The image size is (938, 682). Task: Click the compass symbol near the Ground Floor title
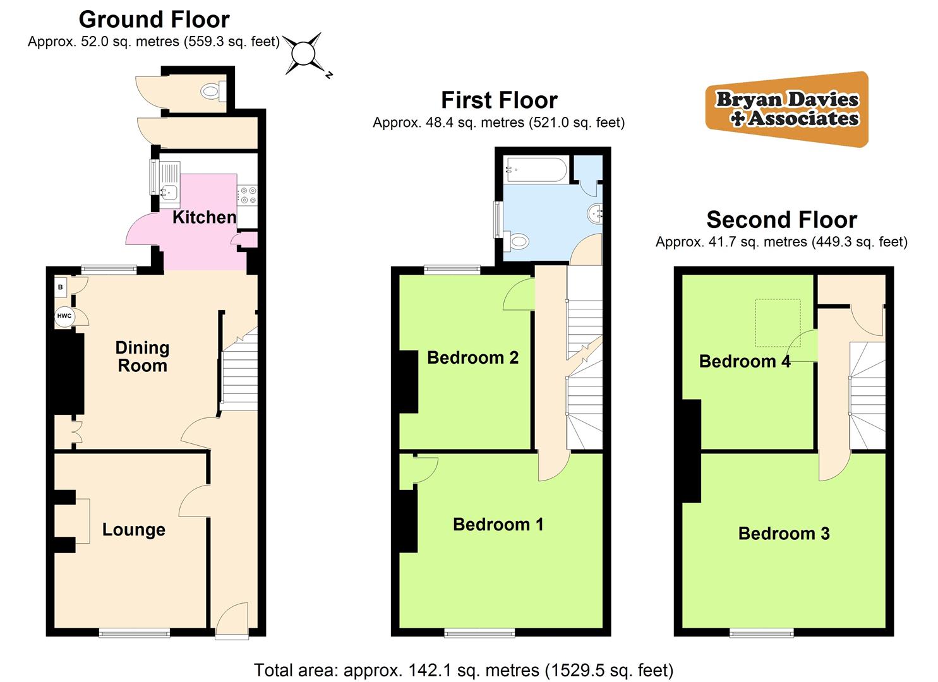click(x=303, y=54)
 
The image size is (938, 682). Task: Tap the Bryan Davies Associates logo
click(x=787, y=109)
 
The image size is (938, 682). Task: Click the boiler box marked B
click(x=60, y=287)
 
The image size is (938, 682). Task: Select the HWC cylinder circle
click(x=64, y=316)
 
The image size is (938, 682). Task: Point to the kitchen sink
click(x=169, y=193)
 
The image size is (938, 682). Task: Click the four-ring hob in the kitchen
click(x=248, y=196)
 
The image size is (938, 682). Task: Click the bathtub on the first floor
click(x=536, y=170)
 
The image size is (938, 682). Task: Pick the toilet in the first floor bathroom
click(x=516, y=241)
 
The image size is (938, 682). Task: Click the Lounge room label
click(x=134, y=529)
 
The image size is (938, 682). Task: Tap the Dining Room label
click(x=142, y=357)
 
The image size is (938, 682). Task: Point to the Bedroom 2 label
click(x=472, y=357)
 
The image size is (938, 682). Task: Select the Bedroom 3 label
click(x=784, y=534)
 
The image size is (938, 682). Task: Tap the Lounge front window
click(x=135, y=633)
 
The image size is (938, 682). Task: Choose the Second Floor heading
click(x=782, y=220)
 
